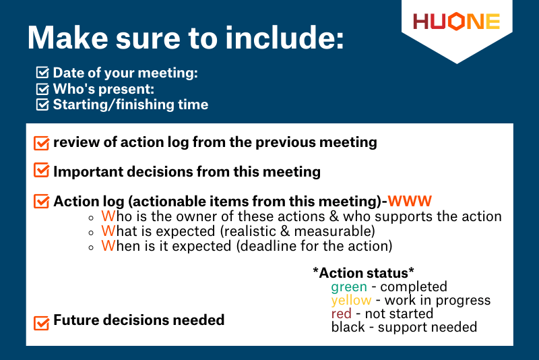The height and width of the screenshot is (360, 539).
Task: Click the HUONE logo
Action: click(456, 22)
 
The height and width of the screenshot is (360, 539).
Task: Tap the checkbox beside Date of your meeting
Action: click(42, 73)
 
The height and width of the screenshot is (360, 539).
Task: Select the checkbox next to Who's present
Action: click(42, 88)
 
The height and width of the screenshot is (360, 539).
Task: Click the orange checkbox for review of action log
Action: click(41, 143)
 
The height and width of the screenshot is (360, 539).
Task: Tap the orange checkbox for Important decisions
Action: click(41, 171)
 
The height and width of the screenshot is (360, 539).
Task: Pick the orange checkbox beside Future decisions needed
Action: click(41, 322)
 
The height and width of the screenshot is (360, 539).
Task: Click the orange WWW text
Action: click(410, 201)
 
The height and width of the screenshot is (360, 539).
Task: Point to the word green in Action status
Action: click(348, 287)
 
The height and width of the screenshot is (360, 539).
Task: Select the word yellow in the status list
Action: click(351, 301)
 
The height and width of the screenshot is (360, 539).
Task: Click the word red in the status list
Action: click(342, 313)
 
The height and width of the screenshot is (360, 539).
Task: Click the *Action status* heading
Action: click(363, 272)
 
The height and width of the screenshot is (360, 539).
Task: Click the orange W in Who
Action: click(107, 216)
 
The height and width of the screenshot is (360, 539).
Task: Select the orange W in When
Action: click(107, 246)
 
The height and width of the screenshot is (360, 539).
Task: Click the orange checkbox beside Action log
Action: click(41, 201)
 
